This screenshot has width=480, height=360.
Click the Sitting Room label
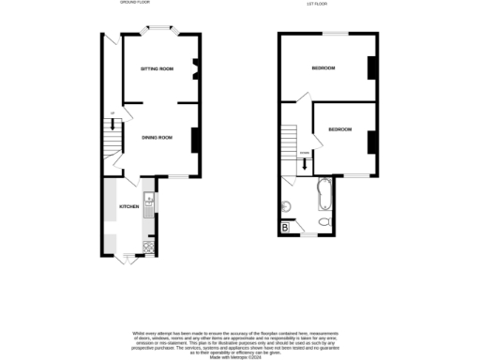(157, 69)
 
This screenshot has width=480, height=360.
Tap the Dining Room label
(157, 138)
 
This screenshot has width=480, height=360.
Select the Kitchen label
(127, 205)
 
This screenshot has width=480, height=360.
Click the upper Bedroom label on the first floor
(323, 68)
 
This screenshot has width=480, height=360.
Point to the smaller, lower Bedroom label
(339, 128)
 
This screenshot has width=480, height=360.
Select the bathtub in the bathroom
(323, 193)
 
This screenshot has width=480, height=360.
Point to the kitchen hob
(147, 247)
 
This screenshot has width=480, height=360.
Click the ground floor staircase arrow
(113, 125)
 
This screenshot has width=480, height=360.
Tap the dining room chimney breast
(194, 139)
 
